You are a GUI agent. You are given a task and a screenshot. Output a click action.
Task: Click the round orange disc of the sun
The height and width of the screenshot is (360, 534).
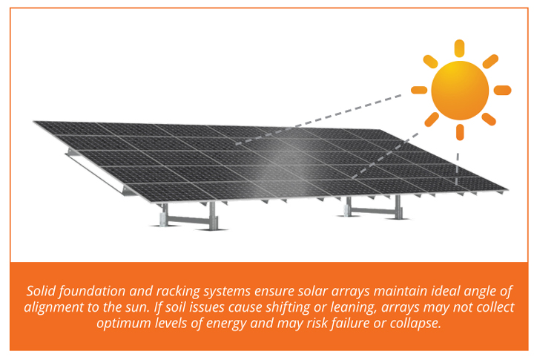point(460,91)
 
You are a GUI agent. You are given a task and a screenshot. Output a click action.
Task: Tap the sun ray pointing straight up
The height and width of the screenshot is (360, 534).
point(459,48)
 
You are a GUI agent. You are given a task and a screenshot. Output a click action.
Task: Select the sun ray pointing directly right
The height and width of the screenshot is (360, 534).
point(502,90)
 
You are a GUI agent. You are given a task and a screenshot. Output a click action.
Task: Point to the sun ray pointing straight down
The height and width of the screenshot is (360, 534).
point(460,132)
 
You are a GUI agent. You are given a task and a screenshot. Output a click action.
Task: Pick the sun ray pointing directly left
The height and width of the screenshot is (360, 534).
point(419,90)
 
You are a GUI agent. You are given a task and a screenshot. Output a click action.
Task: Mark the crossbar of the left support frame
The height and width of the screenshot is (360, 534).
point(189,220)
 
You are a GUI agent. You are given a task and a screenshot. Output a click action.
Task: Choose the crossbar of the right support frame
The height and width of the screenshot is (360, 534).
point(373,211)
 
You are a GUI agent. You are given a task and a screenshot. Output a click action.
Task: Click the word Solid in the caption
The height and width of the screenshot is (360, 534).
point(41,291)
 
